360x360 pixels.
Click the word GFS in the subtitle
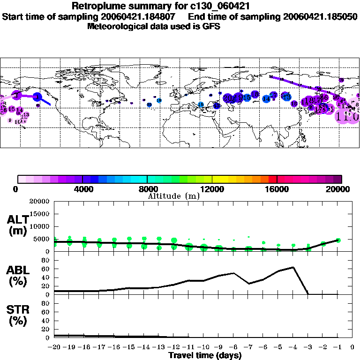point(212,26)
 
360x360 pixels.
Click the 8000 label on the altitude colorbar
point(147,189)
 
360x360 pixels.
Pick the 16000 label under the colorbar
point(277,189)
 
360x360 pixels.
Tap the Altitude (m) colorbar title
point(173,196)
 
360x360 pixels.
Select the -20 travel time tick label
point(54,347)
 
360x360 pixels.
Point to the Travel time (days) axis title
point(205,356)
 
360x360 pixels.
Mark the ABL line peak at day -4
point(293,267)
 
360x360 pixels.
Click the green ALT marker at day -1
point(338,240)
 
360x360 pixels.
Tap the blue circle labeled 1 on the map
point(38,97)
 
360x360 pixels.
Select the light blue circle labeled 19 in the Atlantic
point(159,100)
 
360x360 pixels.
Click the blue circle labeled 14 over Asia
point(266,99)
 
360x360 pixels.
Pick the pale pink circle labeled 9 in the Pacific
point(10,120)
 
